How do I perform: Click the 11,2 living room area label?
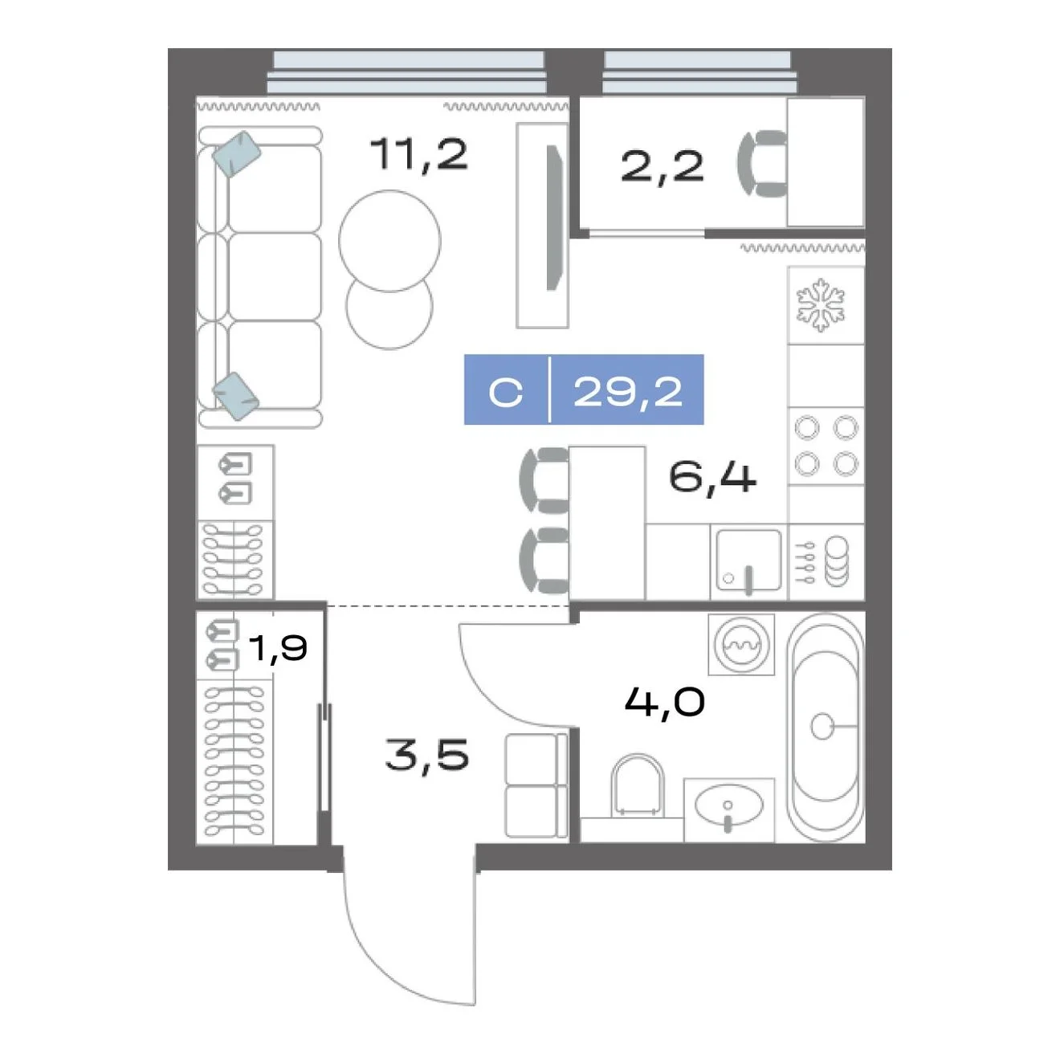coord(418,154)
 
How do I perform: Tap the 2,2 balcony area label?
coord(662,166)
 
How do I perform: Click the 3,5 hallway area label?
coord(427,754)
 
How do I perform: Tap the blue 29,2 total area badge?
coord(584,389)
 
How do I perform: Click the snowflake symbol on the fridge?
coord(821,304)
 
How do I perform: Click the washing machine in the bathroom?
coord(741,645)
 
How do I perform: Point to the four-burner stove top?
coord(826,446)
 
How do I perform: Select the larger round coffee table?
coord(389,240)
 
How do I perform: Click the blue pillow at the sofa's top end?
coord(237,153)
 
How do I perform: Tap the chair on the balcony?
coord(762,164)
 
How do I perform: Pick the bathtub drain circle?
coord(823,726)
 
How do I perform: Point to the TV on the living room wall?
coord(554,218)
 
